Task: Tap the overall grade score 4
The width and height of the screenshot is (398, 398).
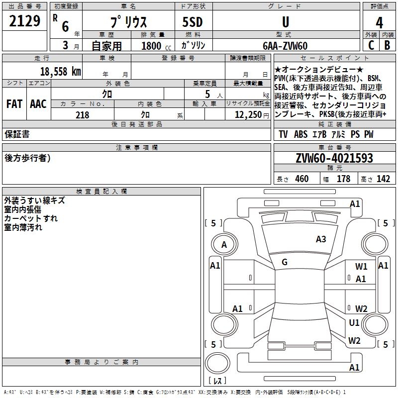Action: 379,23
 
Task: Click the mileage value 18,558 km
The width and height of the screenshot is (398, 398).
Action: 60,71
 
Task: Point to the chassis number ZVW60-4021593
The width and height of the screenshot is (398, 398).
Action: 334,158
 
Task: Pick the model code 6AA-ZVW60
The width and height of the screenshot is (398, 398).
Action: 285,46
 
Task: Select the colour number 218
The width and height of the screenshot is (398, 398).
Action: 82,115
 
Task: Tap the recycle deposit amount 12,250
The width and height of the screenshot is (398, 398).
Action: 246,115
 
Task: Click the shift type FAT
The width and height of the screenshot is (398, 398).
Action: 14,104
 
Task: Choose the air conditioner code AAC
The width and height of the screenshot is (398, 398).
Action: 38,104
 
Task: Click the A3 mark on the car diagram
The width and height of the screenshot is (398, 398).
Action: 321,239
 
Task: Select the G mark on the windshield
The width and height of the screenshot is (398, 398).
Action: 285,262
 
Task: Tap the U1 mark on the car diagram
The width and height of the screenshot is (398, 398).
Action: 354,323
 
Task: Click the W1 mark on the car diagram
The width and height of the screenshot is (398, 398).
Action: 361,267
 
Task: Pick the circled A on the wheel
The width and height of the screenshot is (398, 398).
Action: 224,244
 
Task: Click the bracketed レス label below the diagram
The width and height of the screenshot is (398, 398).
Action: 217,381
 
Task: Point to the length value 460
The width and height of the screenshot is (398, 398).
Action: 301,179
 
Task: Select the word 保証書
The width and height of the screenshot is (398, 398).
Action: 17,134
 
